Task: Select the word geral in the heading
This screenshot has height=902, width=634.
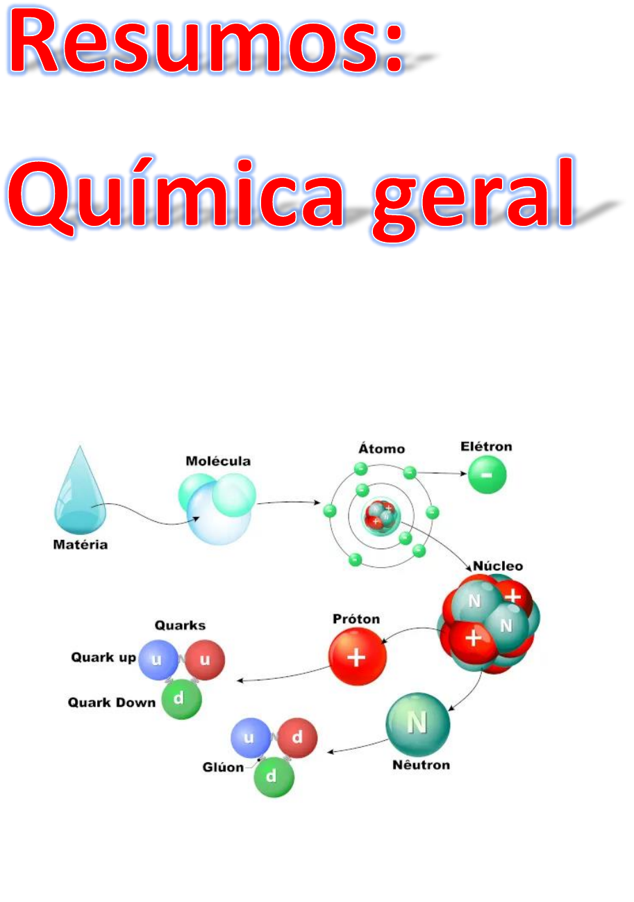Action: pyautogui.click(x=472, y=198)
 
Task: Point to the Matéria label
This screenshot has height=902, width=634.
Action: pyautogui.click(x=81, y=546)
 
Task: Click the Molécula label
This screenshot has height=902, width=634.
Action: pyautogui.click(x=218, y=461)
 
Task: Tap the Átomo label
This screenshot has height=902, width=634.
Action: pyautogui.click(x=381, y=448)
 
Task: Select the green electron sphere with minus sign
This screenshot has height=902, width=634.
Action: pyautogui.click(x=487, y=476)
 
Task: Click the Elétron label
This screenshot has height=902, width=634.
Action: pyautogui.click(x=486, y=447)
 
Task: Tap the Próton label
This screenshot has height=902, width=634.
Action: pyautogui.click(x=356, y=618)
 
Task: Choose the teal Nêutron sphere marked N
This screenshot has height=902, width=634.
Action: pyautogui.click(x=417, y=724)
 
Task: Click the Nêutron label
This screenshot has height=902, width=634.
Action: pyautogui.click(x=422, y=766)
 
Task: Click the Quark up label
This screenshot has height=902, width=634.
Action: pyautogui.click(x=103, y=657)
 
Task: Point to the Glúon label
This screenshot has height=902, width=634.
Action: pyautogui.click(x=223, y=768)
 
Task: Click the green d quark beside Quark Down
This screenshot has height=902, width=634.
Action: pyautogui.click(x=181, y=699)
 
